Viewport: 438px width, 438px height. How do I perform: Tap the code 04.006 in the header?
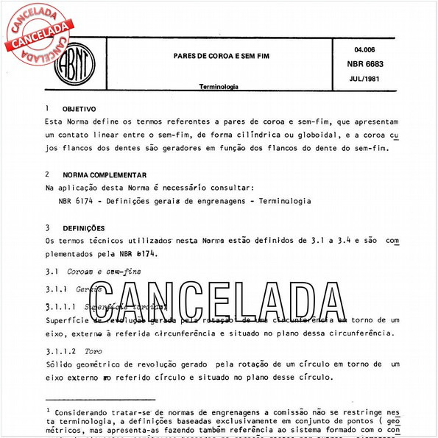(x=355, y=49)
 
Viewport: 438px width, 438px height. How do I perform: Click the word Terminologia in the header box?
(x=219, y=87)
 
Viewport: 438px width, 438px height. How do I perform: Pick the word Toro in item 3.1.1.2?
(x=93, y=352)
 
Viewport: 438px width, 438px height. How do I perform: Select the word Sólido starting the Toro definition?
(x=60, y=365)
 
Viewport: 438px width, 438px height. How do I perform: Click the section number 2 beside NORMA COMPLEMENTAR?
(x=48, y=174)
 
